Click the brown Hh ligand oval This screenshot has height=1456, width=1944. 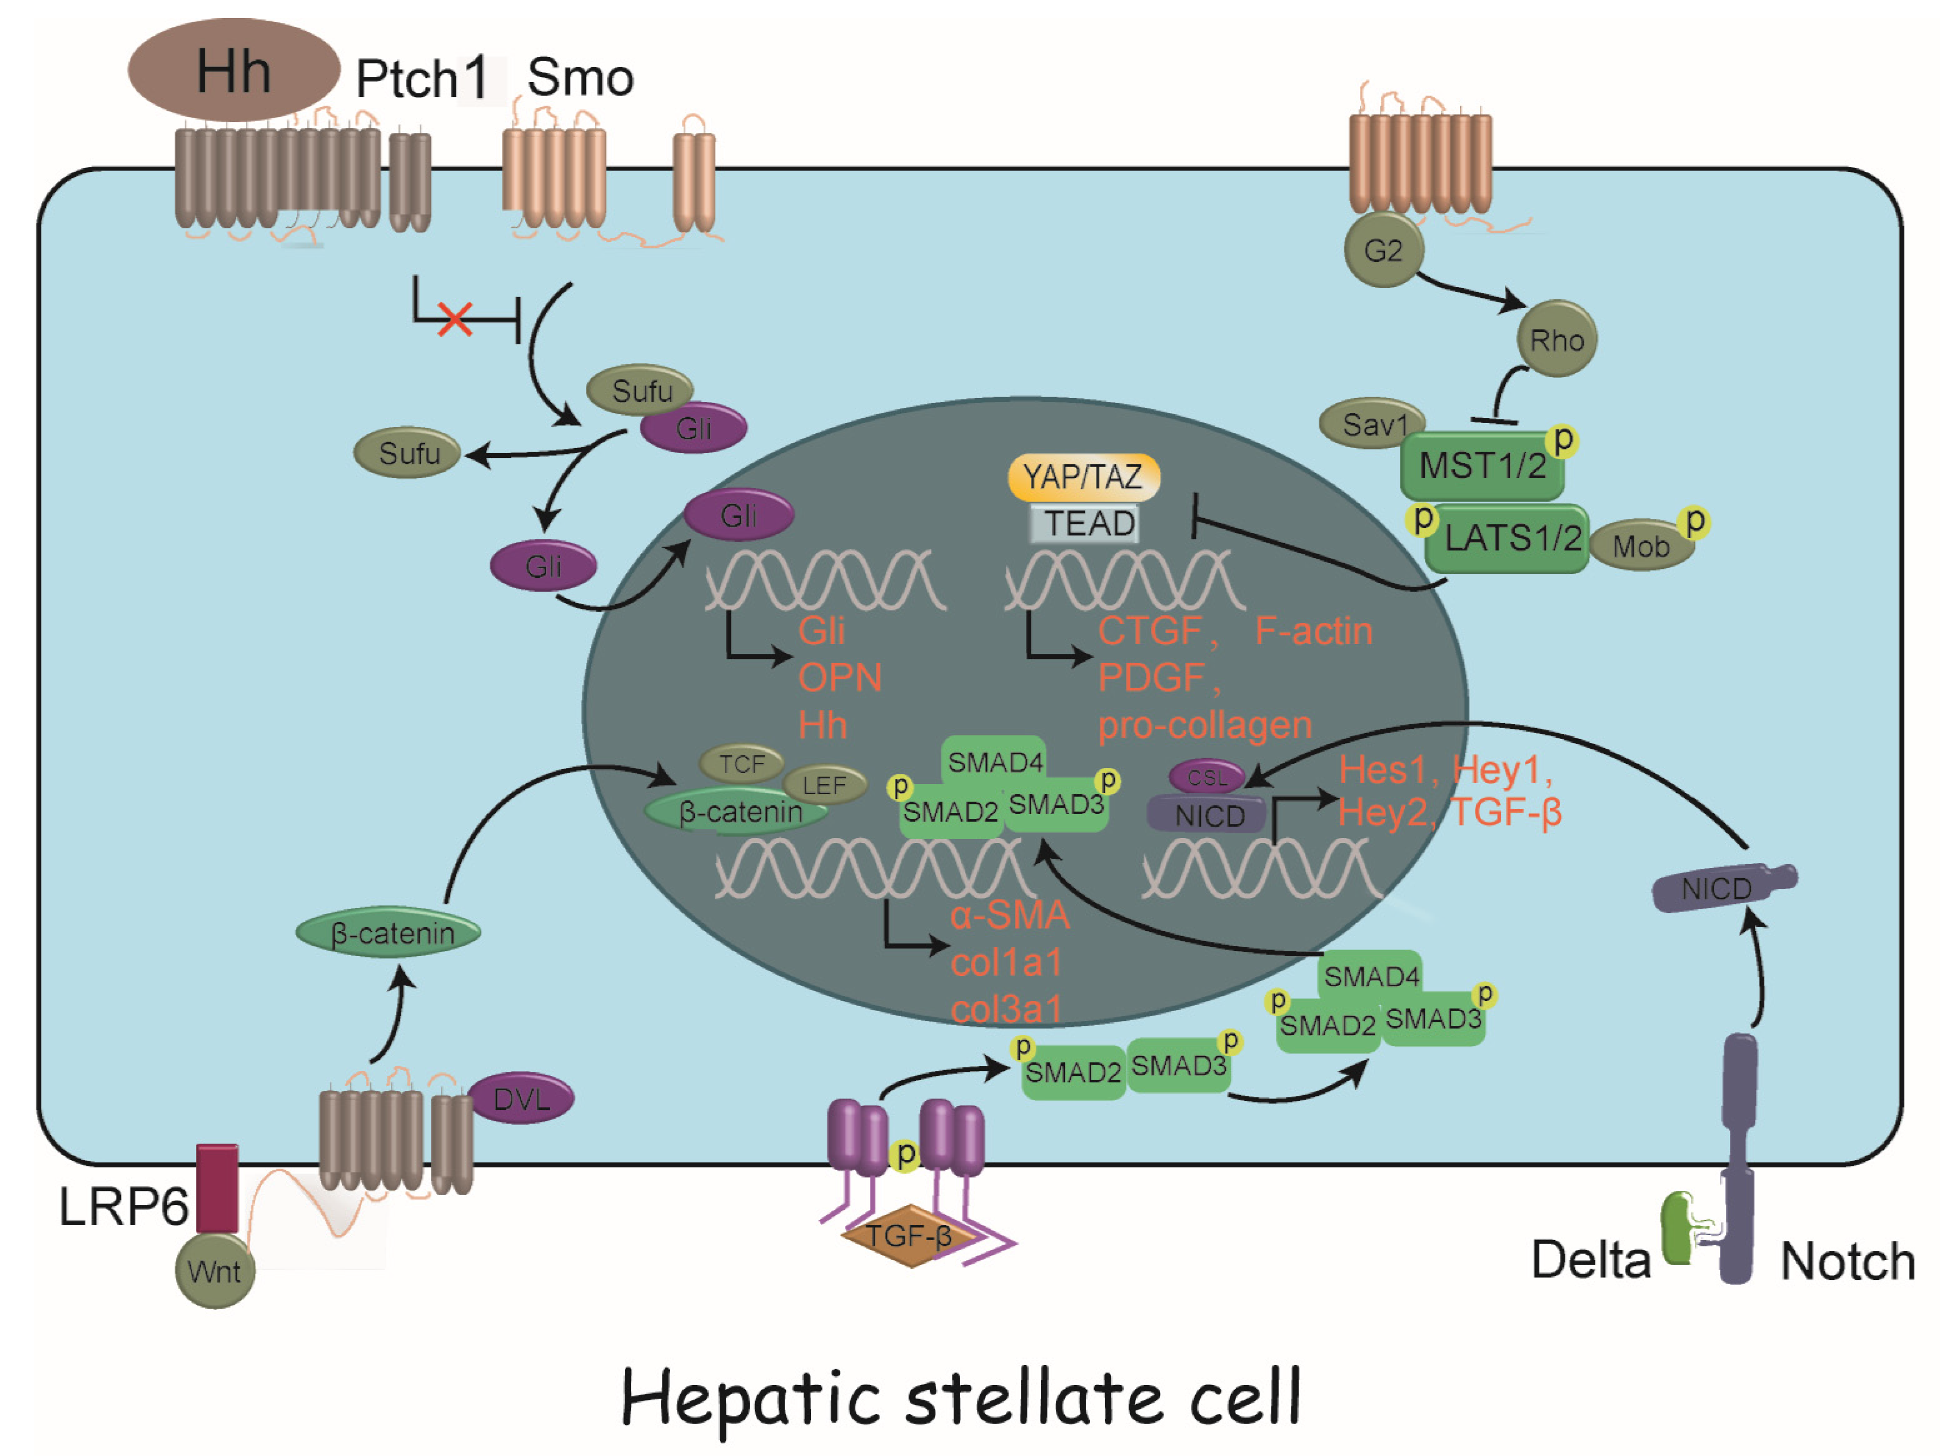click(233, 70)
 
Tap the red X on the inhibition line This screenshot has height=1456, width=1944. click(455, 319)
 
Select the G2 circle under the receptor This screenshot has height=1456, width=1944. click(1383, 251)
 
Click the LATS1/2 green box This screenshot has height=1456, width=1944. click(1510, 538)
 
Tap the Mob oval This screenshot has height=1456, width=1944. click(1640, 546)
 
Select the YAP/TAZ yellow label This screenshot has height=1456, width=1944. click(1083, 476)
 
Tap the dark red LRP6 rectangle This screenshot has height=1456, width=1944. click(216, 1187)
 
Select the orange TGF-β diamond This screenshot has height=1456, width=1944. click(909, 1235)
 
